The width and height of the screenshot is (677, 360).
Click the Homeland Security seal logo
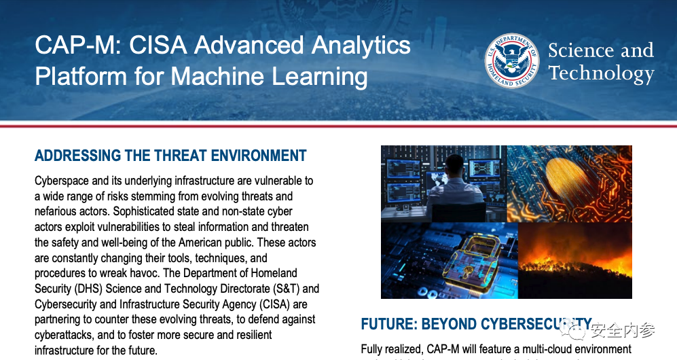512,60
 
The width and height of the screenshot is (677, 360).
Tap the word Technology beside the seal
602,73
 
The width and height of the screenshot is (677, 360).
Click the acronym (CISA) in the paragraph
274,304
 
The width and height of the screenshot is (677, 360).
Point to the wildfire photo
574,260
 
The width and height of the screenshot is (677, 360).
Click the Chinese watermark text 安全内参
622,331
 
